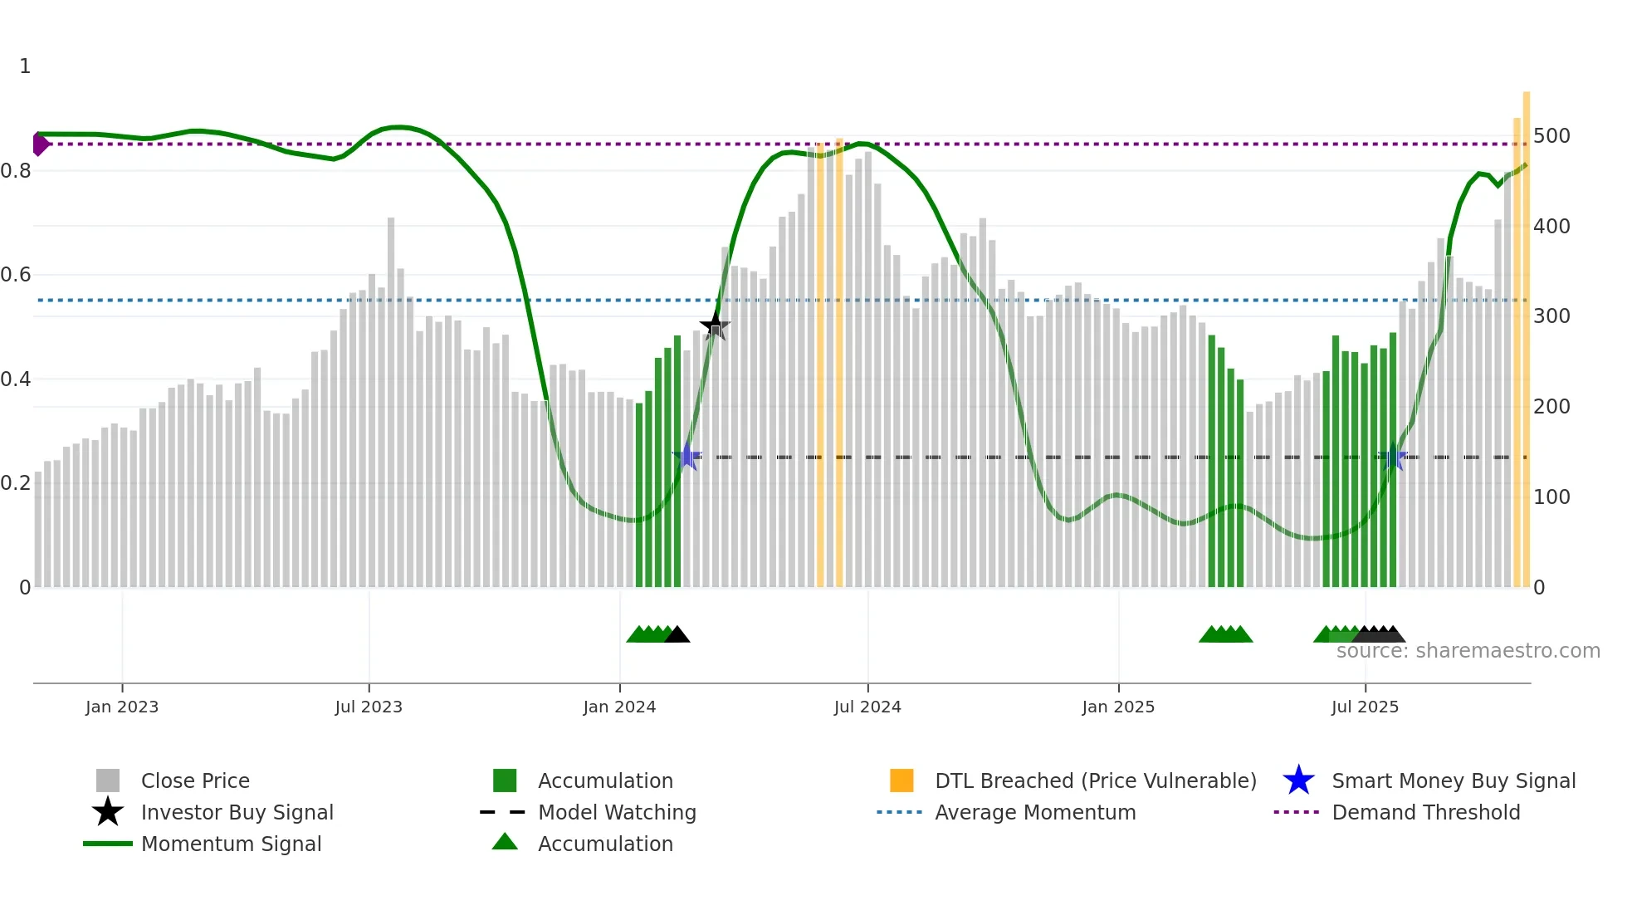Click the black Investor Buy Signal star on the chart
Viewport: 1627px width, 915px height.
pyautogui.click(x=715, y=326)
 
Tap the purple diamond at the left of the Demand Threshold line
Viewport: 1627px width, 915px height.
pyautogui.click(x=40, y=144)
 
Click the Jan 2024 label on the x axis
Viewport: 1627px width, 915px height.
pyautogui.click(x=619, y=707)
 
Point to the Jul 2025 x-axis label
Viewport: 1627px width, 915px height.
pyautogui.click(x=1365, y=707)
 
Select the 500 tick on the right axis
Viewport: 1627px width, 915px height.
pyautogui.click(x=1551, y=135)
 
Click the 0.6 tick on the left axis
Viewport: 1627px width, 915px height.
pyautogui.click(x=17, y=275)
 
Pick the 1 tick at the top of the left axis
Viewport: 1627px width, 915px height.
pyautogui.click(x=25, y=66)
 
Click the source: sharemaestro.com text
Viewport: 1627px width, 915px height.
pyautogui.click(x=1468, y=651)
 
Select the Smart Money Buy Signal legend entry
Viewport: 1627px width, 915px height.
pyautogui.click(x=1453, y=780)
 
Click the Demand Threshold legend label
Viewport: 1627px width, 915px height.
pyautogui.click(x=1425, y=812)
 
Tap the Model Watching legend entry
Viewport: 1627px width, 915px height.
pyautogui.click(x=616, y=812)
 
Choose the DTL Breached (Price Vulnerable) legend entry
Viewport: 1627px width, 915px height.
pyautogui.click(x=1095, y=780)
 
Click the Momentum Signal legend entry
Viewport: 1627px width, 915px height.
pyautogui.click(x=231, y=844)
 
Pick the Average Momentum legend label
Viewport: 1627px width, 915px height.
pyautogui.click(x=1034, y=812)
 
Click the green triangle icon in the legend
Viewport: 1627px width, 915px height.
pyautogui.click(x=505, y=842)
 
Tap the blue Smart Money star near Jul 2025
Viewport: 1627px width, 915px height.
pyautogui.click(x=1394, y=457)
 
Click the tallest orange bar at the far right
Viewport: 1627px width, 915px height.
pyautogui.click(x=1526, y=332)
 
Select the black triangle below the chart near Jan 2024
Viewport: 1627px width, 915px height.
pyautogui.click(x=677, y=635)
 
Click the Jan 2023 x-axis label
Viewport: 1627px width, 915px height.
pyautogui.click(x=122, y=707)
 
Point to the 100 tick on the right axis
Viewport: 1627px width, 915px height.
pyautogui.click(x=1551, y=497)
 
